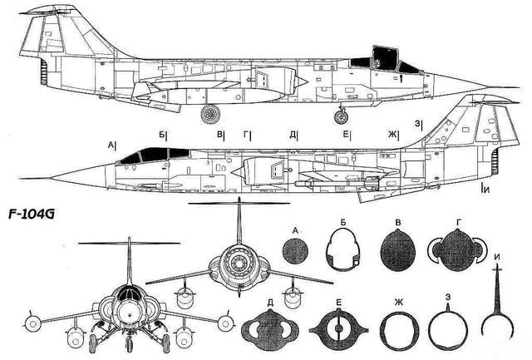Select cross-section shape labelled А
tap(295, 251)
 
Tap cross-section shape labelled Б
tap(342, 249)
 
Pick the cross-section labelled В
tap(398, 250)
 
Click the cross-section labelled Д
tap(270, 330)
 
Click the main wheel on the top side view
tap(210, 114)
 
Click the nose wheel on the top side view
tap(341, 117)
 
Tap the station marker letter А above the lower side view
tap(111, 145)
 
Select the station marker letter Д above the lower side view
tap(293, 135)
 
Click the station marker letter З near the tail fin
tap(417, 123)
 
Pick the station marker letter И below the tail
tap(486, 190)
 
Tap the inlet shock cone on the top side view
tap(302, 81)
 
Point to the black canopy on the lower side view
tap(155, 155)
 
